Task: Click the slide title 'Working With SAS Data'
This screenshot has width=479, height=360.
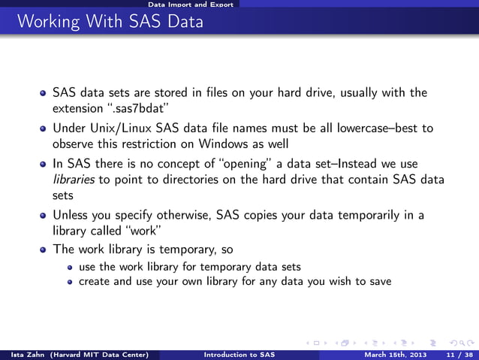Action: (x=110, y=22)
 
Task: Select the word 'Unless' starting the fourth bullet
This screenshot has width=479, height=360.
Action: (x=71, y=215)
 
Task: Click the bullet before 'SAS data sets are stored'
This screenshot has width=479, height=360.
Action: (x=44, y=94)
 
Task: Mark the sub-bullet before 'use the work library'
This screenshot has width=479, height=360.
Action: (x=70, y=267)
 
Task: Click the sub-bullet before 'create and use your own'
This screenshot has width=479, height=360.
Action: (x=70, y=282)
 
